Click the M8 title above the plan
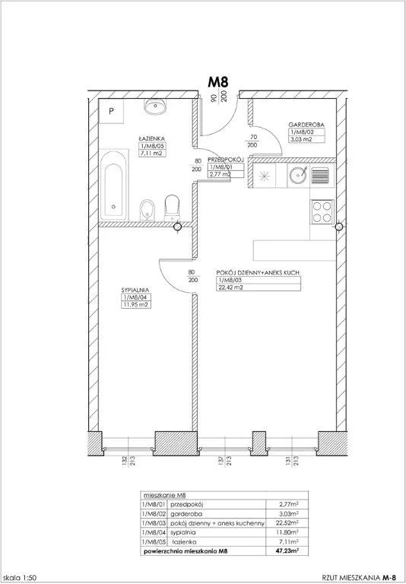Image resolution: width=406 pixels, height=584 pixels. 219,81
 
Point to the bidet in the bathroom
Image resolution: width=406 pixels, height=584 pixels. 146,209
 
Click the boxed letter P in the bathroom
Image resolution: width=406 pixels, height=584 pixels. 111,111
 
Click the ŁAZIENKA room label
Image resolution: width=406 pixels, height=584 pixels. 151,138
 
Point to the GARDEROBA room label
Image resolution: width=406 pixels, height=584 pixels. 307,124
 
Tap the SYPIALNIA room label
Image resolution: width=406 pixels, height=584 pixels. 134,290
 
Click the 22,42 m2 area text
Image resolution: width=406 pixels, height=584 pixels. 233,288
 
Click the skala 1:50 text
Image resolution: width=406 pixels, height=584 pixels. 22,576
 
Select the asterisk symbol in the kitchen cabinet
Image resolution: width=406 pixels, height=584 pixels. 264,178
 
